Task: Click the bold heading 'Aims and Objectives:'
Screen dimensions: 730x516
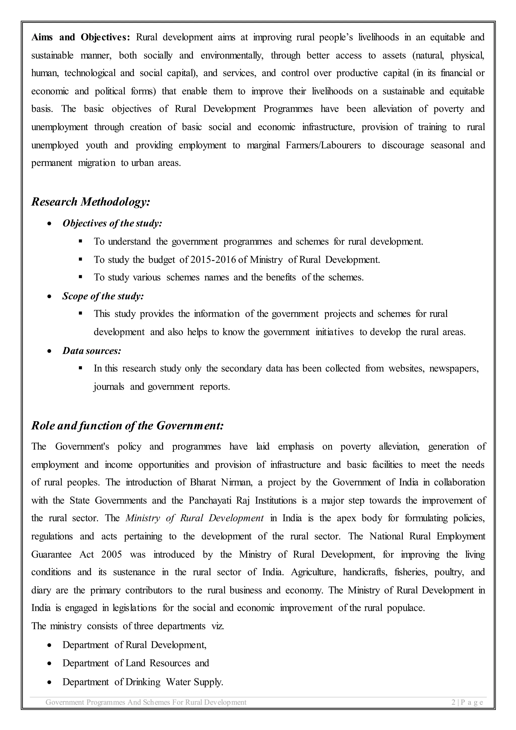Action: click(81, 38)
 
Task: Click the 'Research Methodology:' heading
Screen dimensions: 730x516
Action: click(90, 202)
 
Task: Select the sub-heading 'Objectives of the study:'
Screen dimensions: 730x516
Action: click(112, 224)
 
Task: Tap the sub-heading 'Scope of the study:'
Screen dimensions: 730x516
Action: click(103, 296)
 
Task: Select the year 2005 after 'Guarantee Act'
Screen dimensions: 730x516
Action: click(112, 555)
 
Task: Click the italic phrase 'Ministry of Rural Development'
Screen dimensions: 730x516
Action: click(195, 518)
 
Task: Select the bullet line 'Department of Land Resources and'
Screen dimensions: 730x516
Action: click(136, 663)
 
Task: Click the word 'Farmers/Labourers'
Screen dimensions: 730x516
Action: click(323, 145)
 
